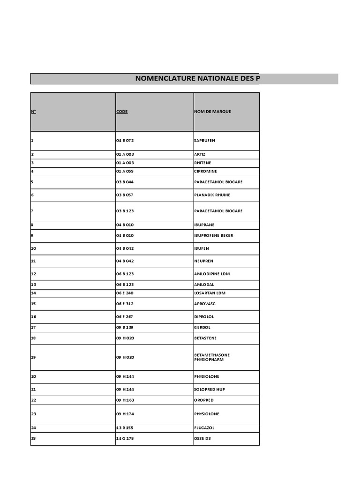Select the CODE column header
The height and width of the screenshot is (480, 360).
(x=122, y=112)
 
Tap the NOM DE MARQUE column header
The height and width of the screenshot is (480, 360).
(x=212, y=112)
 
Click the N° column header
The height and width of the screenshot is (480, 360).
(x=33, y=112)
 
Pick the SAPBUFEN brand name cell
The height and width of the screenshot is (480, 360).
(x=204, y=140)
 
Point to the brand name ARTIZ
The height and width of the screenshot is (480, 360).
(x=200, y=154)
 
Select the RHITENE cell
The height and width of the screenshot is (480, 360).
(x=202, y=163)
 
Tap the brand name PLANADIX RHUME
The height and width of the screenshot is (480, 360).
(x=212, y=195)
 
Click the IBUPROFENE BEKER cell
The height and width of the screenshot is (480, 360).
(x=213, y=235)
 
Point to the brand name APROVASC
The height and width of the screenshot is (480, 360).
(x=205, y=304)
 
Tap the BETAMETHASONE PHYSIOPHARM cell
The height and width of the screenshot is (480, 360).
(x=212, y=357)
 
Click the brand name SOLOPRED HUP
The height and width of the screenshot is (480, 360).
(x=210, y=389)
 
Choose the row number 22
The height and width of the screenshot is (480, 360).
(x=33, y=400)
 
